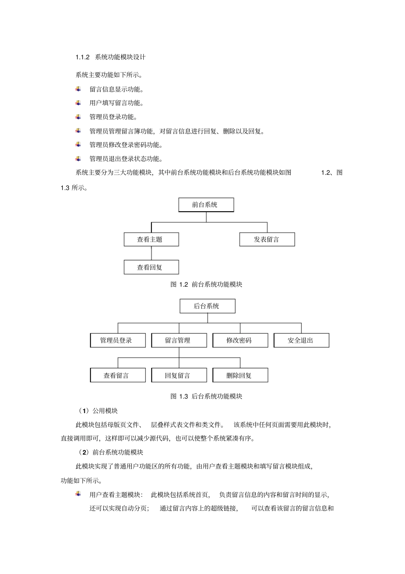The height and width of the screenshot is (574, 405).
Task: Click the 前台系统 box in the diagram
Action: [206, 205]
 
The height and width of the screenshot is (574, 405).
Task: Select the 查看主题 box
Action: [151, 239]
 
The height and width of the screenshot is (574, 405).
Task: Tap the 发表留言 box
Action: [267, 239]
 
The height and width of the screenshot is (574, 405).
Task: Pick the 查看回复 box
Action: [151, 268]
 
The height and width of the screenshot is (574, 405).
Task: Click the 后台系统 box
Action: [207, 306]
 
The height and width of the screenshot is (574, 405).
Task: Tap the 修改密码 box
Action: [240, 341]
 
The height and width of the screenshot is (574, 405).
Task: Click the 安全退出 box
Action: [301, 341]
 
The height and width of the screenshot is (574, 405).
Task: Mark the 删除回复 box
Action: [240, 376]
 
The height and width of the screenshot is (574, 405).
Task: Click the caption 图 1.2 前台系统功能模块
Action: [206, 284]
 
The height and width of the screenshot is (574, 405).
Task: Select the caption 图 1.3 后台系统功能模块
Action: [206, 396]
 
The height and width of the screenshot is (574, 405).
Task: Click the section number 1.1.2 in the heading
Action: [82, 57]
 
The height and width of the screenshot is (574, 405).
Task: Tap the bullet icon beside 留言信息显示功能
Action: [78, 89]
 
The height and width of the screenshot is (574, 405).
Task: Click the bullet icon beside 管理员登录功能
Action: [78, 117]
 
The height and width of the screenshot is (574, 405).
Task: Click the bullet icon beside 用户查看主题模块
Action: [78, 494]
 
